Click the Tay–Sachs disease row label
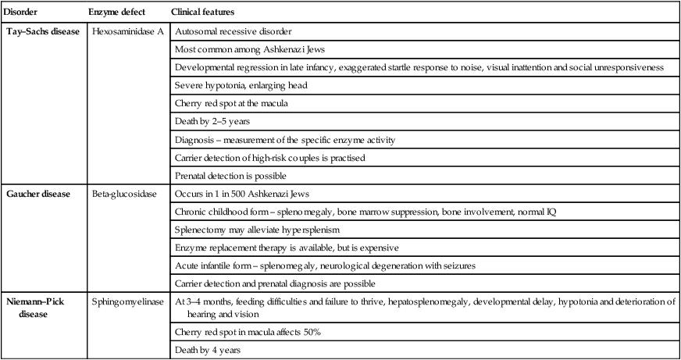44,33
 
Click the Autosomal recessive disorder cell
234,33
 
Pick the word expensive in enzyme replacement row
377,248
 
